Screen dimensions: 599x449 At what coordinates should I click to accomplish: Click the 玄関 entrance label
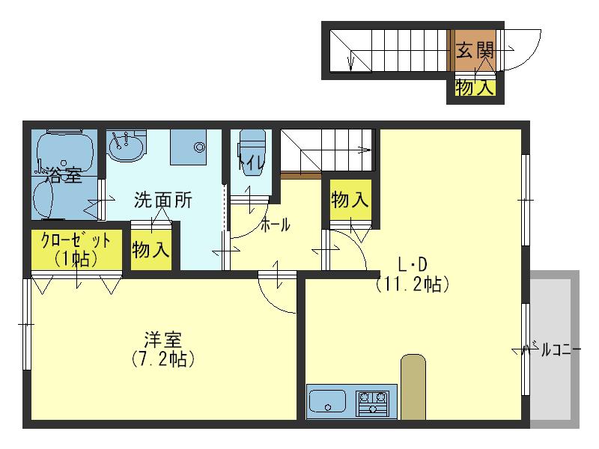pyautogui.click(x=475, y=50)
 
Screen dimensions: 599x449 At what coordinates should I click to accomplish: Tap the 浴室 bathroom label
pyautogui.click(x=64, y=175)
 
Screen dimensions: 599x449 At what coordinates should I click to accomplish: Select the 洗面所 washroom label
pyautogui.click(x=163, y=200)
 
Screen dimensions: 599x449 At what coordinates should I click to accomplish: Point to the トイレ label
pyautogui.click(x=251, y=163)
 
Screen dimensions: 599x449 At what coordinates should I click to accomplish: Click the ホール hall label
pyautogui.click(x=275, y=225)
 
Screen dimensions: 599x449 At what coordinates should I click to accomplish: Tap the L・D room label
pyautogui.click(x=413, y=264)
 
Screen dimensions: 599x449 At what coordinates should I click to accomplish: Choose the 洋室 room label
pyautogui.click(x=163, y=340)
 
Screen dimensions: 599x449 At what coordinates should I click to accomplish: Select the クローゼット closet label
pyautogui.click(x=76, y=240)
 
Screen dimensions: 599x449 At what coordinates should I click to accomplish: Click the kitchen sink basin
pyautogui.click(x=327, y=400)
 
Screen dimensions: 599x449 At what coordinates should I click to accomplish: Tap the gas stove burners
pyautogui.click(x=372, y=403)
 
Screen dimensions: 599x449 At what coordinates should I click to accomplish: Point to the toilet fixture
pyautogui.click(x=252, y=152)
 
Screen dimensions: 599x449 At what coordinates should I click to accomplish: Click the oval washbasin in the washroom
pyautogui.click(x=126, y=147)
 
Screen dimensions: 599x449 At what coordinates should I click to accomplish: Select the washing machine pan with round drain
pyautogui.click(x=188, y=147)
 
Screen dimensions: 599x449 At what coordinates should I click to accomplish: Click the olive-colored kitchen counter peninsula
pyautogui.click(x=413, y=387)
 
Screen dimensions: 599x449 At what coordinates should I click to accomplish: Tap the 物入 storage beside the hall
pyautogui.click(x=350, y=200)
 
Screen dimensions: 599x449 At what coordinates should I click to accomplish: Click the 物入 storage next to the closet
pyautogui.click(x=151, y=251)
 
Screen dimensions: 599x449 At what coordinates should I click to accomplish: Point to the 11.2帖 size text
pyautogui.click(x=413, y=284)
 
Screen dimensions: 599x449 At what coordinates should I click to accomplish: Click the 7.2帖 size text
pyautogui.click(x=163, y=359)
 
